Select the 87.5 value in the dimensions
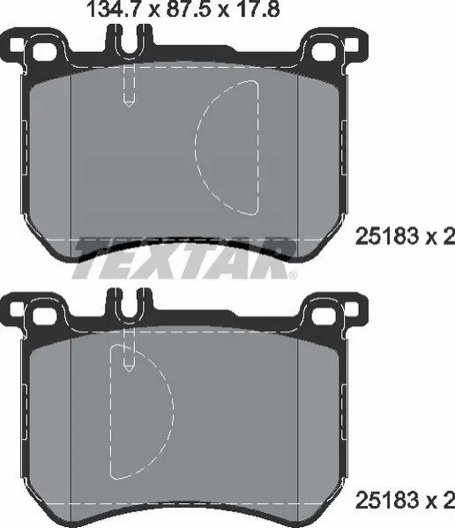click(190, 9)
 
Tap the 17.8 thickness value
click(257, 9)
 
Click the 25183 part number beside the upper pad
click(387, 236)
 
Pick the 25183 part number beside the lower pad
click(387, 501)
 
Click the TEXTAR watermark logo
click(184, 258)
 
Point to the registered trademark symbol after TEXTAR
click(294, 275)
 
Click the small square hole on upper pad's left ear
click(17, 45)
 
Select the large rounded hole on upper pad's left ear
click(44, 51)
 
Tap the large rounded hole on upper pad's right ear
click(324, 51)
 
